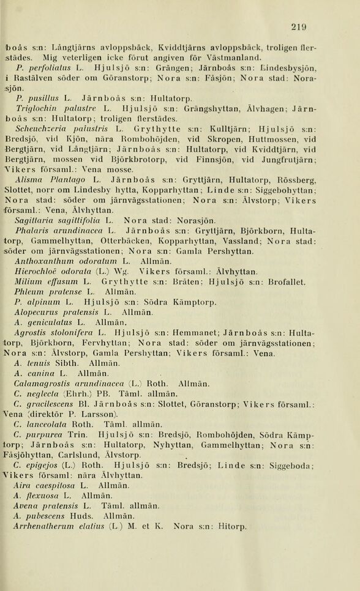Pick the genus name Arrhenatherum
click(x=45, y=526)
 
